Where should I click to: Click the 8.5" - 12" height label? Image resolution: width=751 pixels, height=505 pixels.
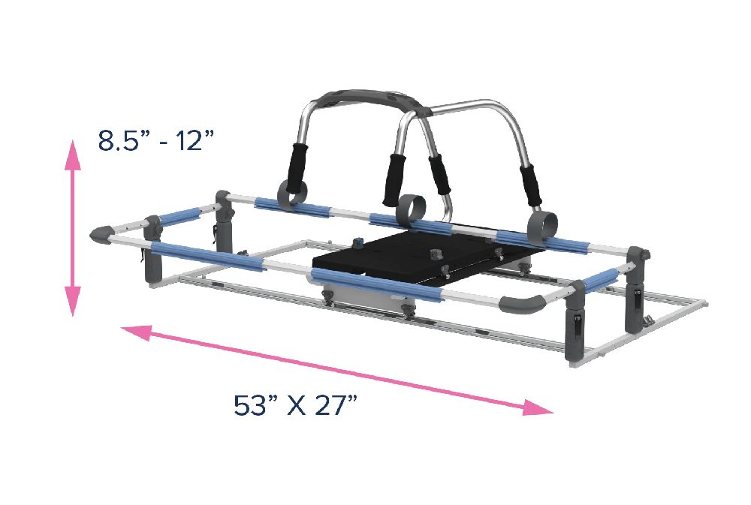tap(155, 141)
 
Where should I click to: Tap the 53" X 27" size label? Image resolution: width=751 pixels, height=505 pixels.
tap(295, 405)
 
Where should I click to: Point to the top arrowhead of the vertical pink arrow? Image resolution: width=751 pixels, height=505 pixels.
tap(73, 155)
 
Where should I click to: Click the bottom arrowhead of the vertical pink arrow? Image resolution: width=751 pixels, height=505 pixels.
tap(73, 302)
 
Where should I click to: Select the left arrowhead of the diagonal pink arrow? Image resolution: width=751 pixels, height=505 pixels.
tap(137, 332)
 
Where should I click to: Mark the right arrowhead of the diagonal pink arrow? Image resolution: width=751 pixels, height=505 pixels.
tap(538, 407)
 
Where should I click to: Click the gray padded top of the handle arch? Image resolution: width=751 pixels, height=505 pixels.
tap(372, 99)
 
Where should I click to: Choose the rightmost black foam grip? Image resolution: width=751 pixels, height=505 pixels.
tap(529, 184)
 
